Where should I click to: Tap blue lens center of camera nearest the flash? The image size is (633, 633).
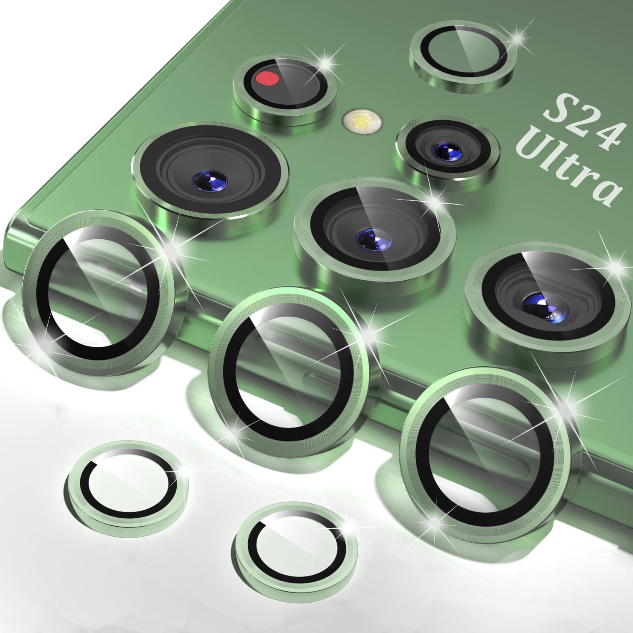[444, 149]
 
